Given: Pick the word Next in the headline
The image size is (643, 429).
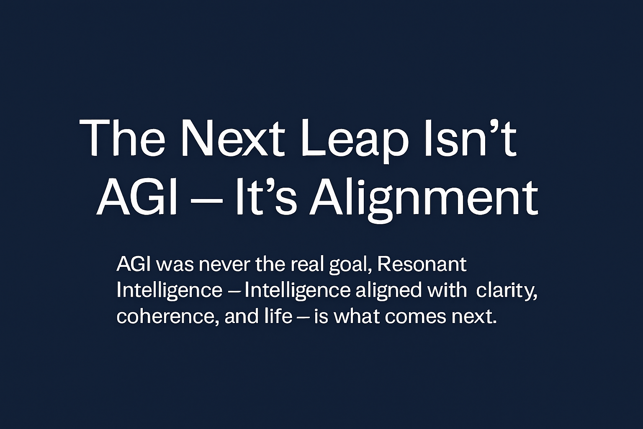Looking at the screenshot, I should click(231, 138).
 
